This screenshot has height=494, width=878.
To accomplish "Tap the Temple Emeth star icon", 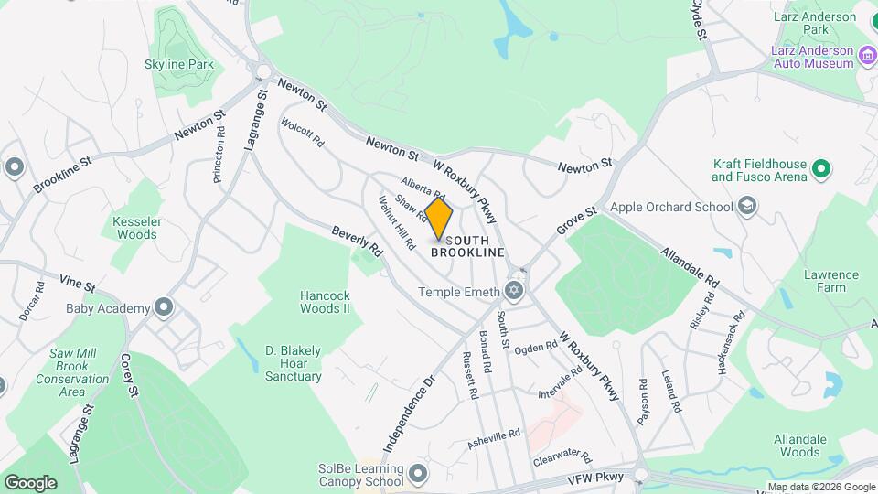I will (x=514, y=292).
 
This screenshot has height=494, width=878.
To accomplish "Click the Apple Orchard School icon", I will (x=747, y=206).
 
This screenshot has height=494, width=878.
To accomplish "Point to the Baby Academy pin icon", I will (x=164, y=307).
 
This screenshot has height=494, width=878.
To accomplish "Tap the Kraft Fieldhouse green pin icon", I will (x=821, y=169).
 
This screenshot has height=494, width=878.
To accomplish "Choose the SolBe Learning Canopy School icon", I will (x=419, y=474).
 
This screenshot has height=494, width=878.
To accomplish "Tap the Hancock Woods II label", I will (x=326, y=302).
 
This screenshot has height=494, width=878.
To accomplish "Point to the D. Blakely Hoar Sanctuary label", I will (x=294, y=363).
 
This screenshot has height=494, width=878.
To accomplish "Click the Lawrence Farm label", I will (x=831, y=281).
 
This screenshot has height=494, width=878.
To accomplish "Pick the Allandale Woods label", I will (x=797, y=446).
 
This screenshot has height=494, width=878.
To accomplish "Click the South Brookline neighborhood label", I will (x=467, y=246).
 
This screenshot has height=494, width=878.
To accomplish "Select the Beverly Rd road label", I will (x=357, y=240).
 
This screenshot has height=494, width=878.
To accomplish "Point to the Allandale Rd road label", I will (x=691, y=264).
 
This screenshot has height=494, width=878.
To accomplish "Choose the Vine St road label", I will (x=78, y=285).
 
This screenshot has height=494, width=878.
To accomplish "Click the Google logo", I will (x=30, y=482).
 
